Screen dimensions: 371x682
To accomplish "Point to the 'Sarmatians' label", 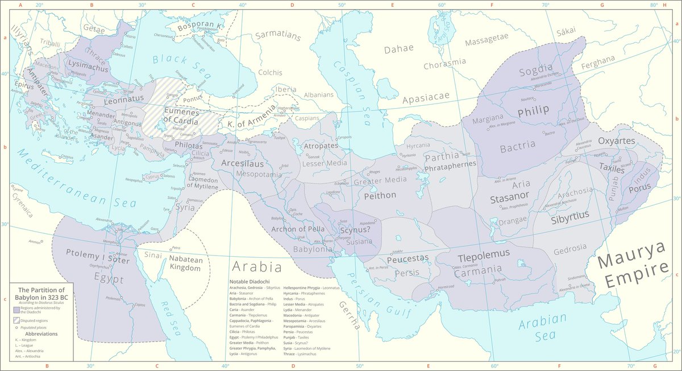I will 277,35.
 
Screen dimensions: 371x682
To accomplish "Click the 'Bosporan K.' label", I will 199,27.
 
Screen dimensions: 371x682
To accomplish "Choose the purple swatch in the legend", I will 16,310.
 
